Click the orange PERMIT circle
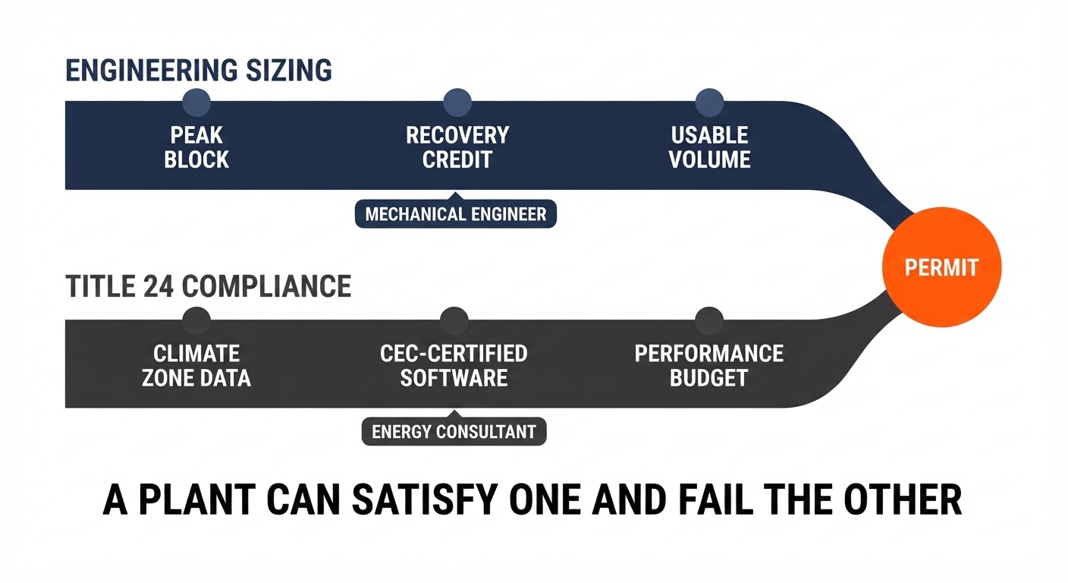point(941,267)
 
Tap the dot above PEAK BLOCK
point(196,102)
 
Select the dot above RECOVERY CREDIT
point(457,102)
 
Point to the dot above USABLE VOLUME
point(709,102)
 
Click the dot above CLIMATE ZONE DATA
point(196,320)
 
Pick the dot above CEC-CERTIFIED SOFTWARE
point(454,320)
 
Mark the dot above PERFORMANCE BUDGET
point(709,320)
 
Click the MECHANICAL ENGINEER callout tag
point(456,213)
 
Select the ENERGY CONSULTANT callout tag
point(454,431)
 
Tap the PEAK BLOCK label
point(196,147)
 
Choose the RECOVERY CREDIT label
point(457,147)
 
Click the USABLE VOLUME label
point(709,147)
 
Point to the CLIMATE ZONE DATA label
point(196,366)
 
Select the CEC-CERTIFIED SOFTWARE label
point(454,366)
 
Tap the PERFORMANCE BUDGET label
point(709,366)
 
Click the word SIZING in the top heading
point(289,71)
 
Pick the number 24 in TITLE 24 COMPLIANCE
point(158,286)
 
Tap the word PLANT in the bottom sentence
point(197,500)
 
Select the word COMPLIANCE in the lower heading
point(266,286)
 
